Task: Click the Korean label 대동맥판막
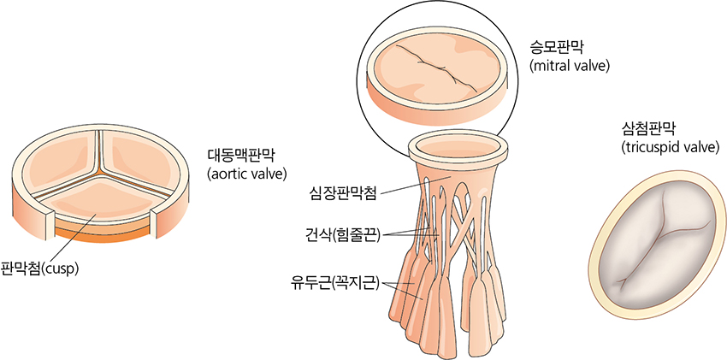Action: click(245, 155)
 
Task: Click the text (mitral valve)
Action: click(570, 66)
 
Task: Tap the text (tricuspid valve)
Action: click(670, 147)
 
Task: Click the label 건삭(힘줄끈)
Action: click(340, 236)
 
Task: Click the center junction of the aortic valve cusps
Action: click(98, 174)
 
